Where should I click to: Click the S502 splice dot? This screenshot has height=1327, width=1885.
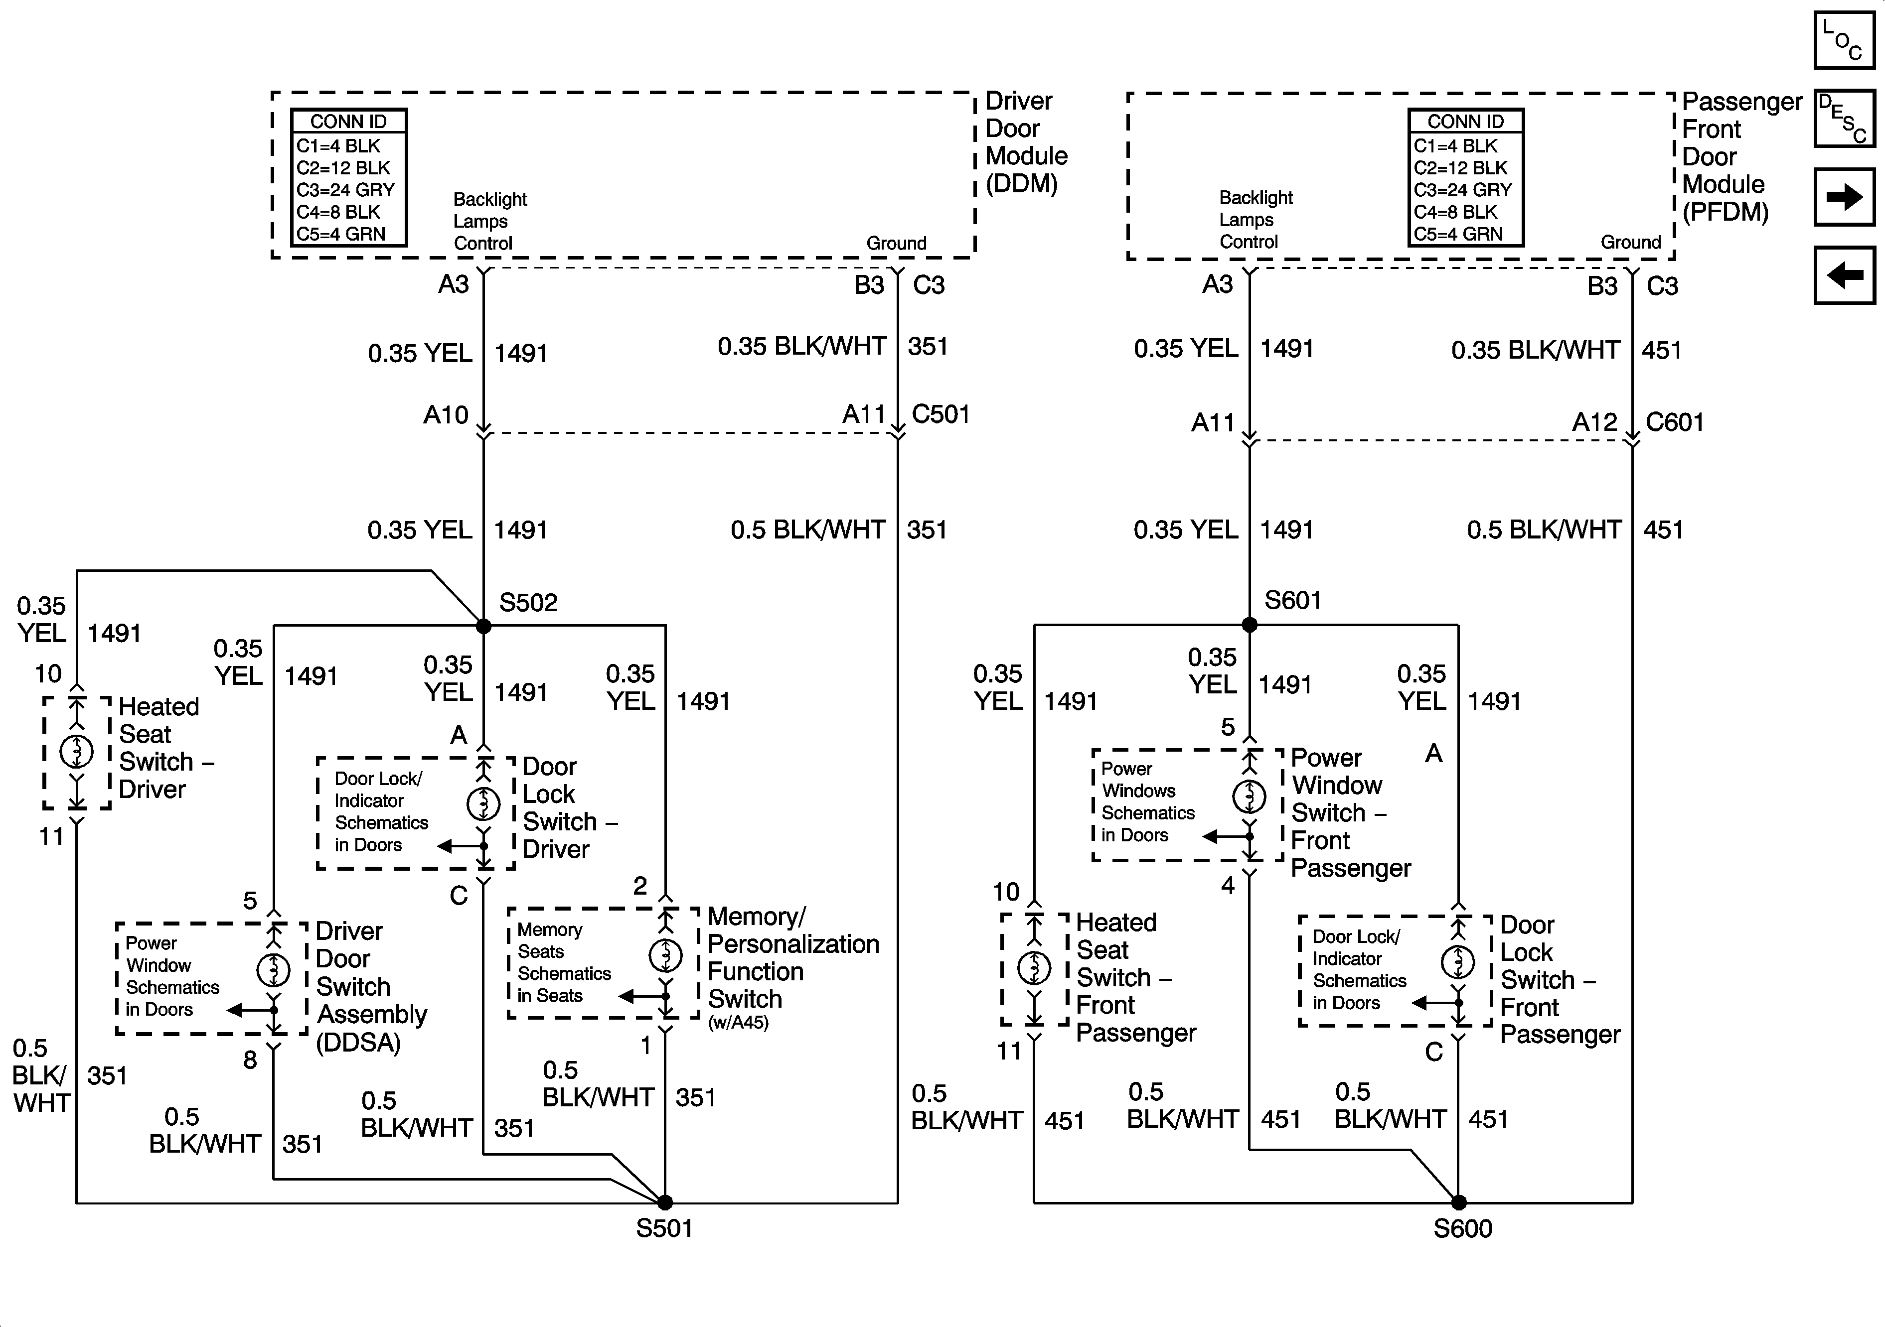(483, 626)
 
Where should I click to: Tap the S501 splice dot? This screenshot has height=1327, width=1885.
(665, 1202)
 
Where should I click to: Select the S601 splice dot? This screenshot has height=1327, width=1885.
(1250, 625)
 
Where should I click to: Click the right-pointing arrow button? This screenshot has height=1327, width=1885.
(1844, 197)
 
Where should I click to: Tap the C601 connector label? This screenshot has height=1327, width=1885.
(1675, 422)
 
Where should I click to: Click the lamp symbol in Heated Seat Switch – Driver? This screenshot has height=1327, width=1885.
(76, 750)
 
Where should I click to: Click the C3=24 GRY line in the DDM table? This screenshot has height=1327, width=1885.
(345, 190)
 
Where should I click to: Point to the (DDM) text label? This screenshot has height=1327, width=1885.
(1021, 184)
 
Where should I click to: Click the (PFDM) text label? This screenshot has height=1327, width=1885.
(1725, 212)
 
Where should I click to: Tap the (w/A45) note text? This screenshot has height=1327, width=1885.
(738, 1023)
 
